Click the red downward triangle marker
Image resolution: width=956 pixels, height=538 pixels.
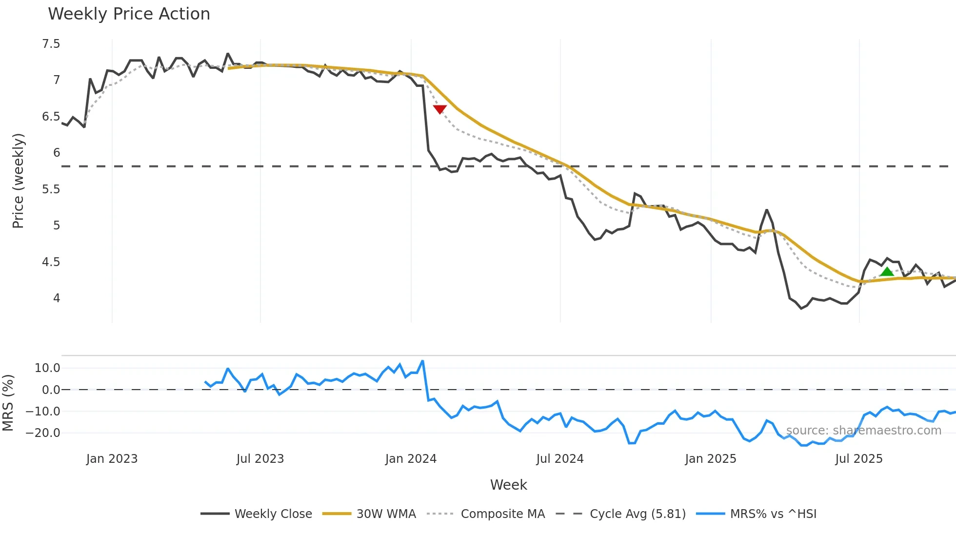click(439, 109)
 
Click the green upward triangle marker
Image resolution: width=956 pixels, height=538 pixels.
click(887, 272)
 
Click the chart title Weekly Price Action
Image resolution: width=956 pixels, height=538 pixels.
click(129, 14)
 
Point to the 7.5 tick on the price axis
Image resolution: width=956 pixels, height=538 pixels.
click(51, 44)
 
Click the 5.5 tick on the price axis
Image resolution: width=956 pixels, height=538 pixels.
click(51, 189)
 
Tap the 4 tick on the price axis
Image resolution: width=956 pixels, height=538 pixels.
click(57, 298)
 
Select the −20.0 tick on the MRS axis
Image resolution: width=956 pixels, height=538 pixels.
click(43, 433)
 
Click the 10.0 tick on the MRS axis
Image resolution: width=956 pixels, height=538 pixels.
click(47, 368)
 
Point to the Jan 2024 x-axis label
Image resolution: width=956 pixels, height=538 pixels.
click(411, 459)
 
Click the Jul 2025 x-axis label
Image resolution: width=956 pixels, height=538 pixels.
click(858, 459)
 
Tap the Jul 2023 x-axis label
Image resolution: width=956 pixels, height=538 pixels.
click(260, 459)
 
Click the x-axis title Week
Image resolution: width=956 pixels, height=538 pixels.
click(508, 485)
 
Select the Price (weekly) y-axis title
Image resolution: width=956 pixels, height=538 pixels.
click(18, 181)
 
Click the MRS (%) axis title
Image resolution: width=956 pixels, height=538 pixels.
click(8, 403)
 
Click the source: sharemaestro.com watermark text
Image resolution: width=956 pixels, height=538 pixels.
click(863, 431)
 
